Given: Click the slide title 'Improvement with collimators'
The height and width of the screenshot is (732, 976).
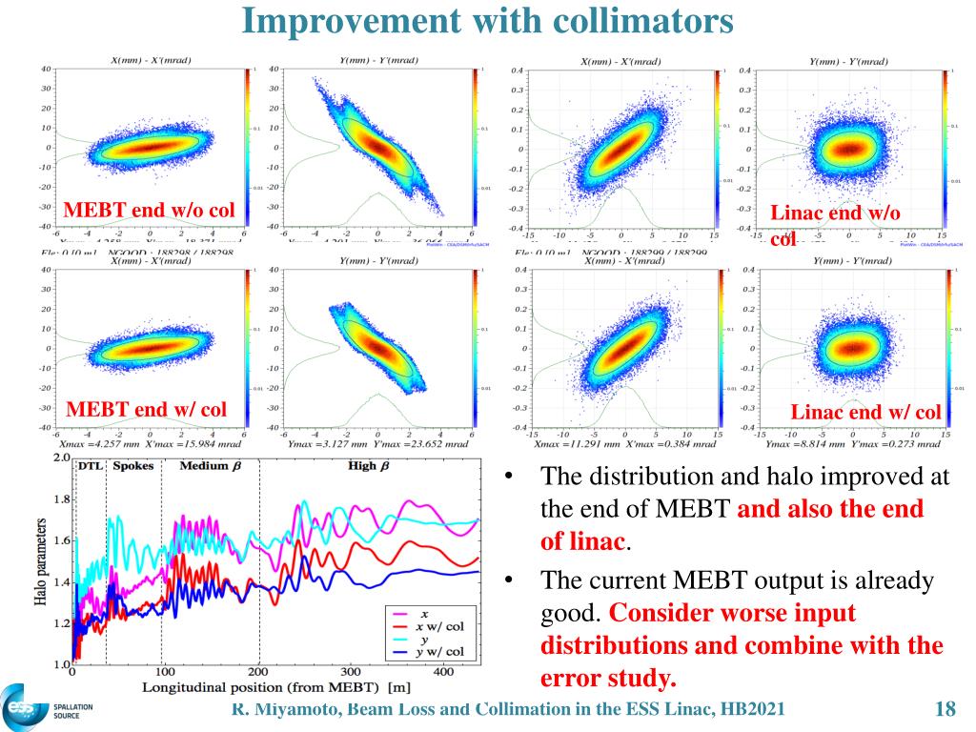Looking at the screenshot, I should [x=487, y=20].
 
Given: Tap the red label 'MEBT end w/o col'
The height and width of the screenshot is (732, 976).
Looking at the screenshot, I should [x=148, y=210].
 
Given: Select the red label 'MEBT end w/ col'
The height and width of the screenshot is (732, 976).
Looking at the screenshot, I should [x=146, y=410].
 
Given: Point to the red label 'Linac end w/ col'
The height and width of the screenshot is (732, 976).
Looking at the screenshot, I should [x=866, y=412].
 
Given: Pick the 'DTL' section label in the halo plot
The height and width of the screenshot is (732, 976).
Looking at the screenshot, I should [x=91, y=466].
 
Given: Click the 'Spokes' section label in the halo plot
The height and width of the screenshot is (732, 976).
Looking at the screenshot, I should [x=132, y=466].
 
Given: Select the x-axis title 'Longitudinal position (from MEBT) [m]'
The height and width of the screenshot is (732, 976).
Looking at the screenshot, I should [x=277, y=687].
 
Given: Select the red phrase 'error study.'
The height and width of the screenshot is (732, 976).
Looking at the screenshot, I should [x=608, y=679].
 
